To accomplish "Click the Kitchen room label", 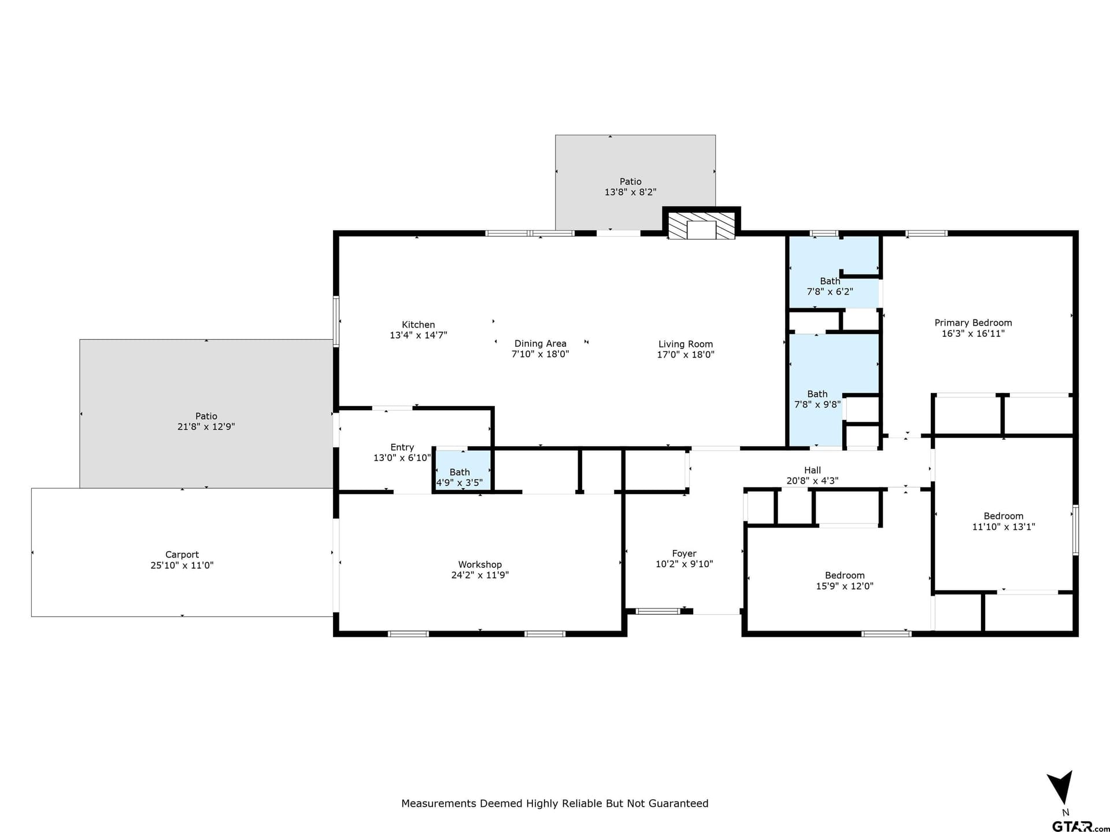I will coord(418,325).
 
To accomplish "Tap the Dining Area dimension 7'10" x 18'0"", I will coord(540,354).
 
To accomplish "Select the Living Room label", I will coord(685,344).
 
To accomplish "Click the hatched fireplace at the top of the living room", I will coord(701,226).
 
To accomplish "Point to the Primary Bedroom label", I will coord(973,323).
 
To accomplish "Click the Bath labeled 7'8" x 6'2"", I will coord(830,287).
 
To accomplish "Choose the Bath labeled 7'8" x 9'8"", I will coord(817,399).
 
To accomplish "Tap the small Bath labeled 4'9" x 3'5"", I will coord(460,477).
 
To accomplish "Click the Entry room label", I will coord(402,447).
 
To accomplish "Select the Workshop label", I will coord(480,564).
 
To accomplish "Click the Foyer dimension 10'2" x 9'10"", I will coord(684,564).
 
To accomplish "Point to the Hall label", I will coord(812,470).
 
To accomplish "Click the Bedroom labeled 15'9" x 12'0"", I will coord(844,580).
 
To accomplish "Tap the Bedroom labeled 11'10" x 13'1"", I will coord(1003,521).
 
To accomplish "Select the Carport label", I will coord(182,555).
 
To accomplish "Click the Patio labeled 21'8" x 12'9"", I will coord(206,421).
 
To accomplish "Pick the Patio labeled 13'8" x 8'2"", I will coord(630,187).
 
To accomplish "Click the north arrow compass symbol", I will coord(1061,788).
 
